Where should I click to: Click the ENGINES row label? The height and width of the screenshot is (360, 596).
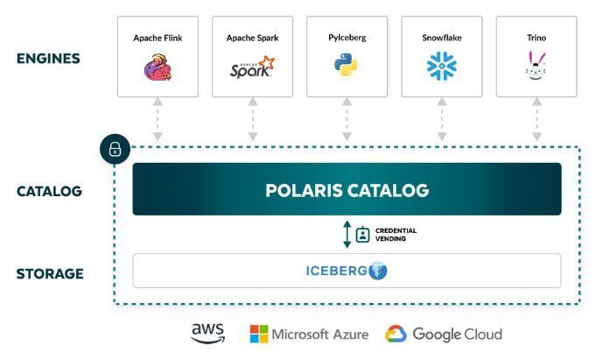[x=48, y=60]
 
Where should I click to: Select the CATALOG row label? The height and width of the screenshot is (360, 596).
[x=48, y=190]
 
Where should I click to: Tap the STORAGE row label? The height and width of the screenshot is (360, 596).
[x=50, y=273]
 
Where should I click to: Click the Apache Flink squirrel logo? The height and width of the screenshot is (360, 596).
[x=158, y=67]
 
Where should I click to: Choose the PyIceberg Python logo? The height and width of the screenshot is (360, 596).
[x=347, y=65]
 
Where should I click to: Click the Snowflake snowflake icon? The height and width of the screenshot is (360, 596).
[x=441, y=67]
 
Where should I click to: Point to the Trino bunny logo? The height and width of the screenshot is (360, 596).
[x=536, y=67]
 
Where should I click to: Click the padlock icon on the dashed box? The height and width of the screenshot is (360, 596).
[x=115, y=150]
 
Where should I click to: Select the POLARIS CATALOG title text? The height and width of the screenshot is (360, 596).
[x=347, y=189]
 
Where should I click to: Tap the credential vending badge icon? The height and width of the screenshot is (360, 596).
[x=362, y=234]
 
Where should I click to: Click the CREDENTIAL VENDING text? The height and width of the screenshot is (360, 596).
[x=396, y=234]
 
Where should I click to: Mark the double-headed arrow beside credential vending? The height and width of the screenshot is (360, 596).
[x=347, y=234]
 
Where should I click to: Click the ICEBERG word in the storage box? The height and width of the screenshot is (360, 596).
[x=336, y=271]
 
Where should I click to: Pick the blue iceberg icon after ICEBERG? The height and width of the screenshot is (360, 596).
[x=378, y=271]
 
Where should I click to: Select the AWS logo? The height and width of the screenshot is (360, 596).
[x=208, y=334]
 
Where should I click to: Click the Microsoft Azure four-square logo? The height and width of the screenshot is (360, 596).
[x=259, y=334]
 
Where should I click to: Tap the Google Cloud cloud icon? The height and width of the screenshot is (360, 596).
[x=396, y=334]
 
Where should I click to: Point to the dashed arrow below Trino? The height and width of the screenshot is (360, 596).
[x=536, y=120]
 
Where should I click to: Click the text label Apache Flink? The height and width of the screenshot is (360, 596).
[x=158, y=38]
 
